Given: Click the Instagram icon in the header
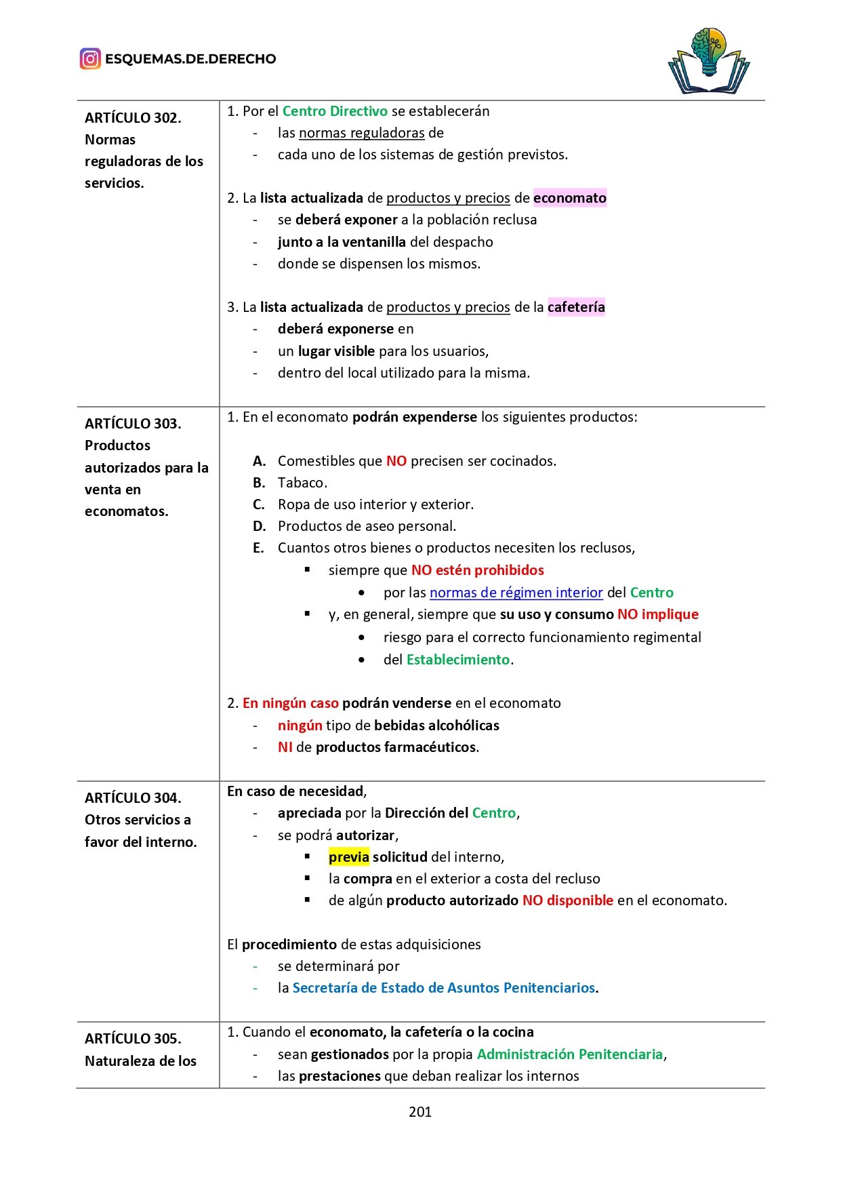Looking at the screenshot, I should [90, 59].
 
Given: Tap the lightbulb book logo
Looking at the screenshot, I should [709, 61].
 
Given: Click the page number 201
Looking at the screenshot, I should [420, 1111].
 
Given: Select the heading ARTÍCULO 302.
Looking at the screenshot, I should [133, 118].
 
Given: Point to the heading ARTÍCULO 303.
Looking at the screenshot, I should [133, 424].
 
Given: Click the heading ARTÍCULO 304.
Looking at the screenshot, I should [133, 798].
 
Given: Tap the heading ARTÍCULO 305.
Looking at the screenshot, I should [133, 1039].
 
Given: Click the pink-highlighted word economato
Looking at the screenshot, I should [570, 198].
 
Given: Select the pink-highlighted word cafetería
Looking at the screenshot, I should [576, 307].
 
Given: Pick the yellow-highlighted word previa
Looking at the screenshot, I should [349, 857].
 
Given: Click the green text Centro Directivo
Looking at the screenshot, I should [335, 111].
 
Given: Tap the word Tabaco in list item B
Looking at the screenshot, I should [302, 483].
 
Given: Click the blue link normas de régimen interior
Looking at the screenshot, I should [516, 593].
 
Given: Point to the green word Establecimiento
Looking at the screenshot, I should [458, 660].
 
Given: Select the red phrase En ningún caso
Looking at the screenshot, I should [291, 703].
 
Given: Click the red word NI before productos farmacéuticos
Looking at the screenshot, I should [285, 747].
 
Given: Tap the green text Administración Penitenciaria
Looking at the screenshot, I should [570, 1054].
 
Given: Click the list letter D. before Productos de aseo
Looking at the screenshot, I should [259, 526].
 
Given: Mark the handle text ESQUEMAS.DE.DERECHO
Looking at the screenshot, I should [190, 59].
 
